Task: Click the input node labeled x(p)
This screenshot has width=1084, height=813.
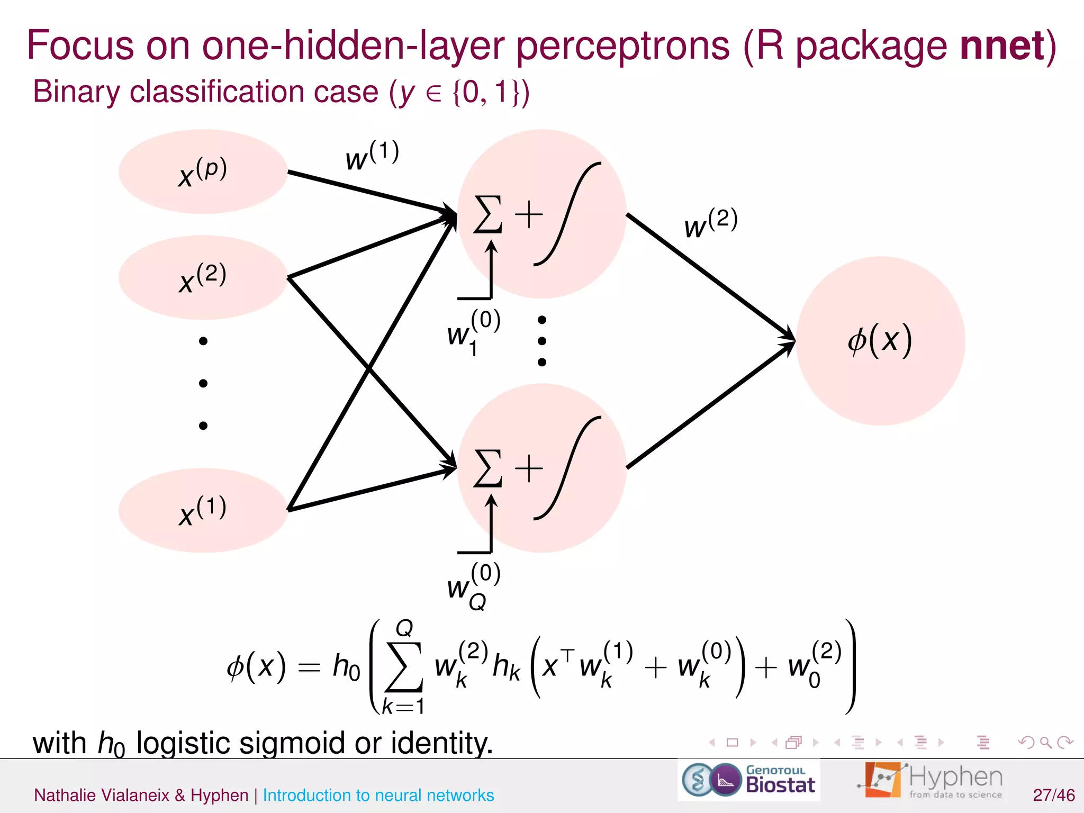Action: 203,171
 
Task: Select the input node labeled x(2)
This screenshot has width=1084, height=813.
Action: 203,277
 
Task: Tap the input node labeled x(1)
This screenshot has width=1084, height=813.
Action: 203,510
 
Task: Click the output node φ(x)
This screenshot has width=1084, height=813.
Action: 880,341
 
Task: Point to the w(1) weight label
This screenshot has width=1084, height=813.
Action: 372,156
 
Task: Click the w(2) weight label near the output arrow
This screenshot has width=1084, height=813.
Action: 710,223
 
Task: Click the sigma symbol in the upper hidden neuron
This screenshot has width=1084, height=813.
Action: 487,214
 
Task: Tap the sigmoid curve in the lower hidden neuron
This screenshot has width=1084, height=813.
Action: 567,468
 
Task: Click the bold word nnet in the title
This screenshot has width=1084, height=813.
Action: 1002,46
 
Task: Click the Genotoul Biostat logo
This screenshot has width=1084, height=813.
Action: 748,780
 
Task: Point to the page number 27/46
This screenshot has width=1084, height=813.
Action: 1053,794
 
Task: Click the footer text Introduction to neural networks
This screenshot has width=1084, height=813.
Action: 378,795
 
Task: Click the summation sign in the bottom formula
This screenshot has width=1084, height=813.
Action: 404,667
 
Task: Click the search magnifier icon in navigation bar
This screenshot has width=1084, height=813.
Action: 1045,742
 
